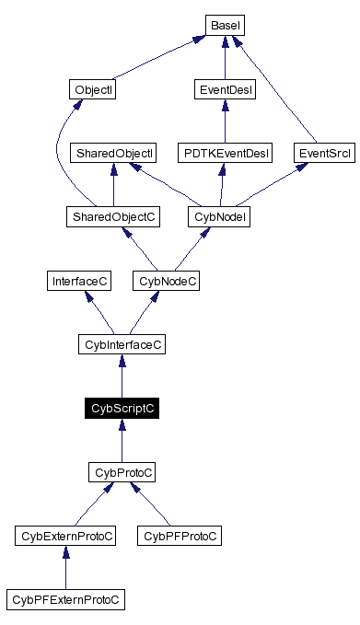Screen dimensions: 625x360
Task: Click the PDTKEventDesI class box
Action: coord(226,153)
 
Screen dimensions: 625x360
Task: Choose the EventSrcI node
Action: coord(324,153)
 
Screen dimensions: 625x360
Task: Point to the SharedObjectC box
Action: coord(113,216)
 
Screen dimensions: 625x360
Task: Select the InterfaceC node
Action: coord(80,281)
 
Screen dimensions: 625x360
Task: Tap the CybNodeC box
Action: coord(166,281)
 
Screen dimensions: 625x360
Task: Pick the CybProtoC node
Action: coord(122,471)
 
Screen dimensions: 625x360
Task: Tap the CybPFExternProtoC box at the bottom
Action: coord(65,599)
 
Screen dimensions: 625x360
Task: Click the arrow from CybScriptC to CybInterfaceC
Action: coord(122,377)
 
